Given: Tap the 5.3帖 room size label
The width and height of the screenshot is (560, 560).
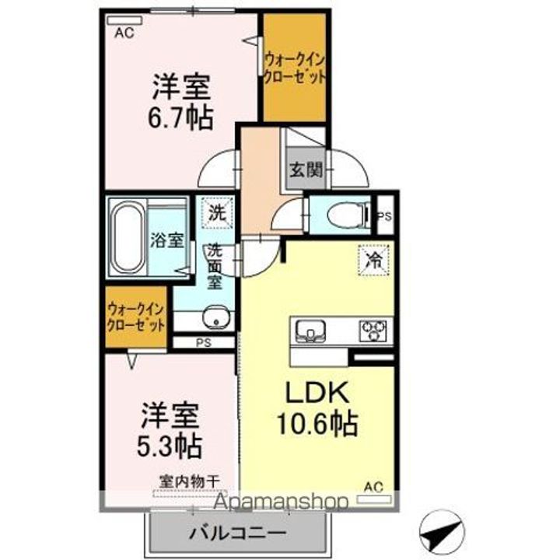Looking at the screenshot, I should (x=170, y=445).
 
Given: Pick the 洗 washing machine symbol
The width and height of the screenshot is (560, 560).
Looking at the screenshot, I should (x=217, y=212).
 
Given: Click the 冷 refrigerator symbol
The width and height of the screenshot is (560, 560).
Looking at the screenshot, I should (x=373, y=261).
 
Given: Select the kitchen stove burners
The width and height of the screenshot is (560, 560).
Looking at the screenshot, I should (x=373, y=331).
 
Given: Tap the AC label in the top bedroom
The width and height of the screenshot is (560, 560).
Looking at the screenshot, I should (x=123, y=33).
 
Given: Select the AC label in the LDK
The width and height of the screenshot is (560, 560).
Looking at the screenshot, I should (x=374, y=488).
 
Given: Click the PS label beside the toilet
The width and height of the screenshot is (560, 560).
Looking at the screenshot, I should (x=384, y=217).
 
